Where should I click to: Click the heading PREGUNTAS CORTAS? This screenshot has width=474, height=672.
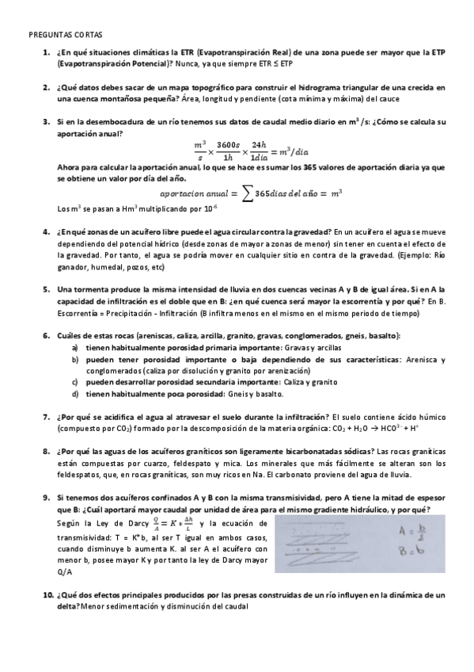pyautogui.click(x=60, y=36)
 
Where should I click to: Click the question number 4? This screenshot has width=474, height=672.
pyautogui.click(x=46, y=231)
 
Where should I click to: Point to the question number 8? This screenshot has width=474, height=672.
pyautogui.click(x=46, y=451)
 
